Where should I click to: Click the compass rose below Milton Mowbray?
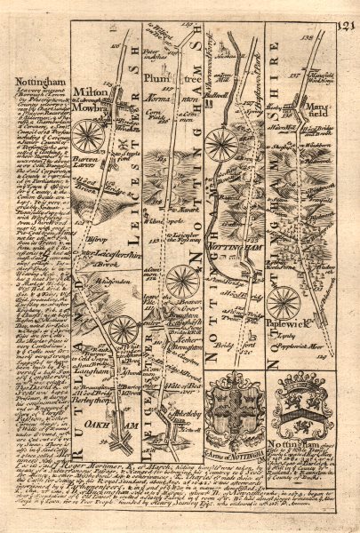pos(90,135)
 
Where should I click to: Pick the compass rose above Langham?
pos(123,331)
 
